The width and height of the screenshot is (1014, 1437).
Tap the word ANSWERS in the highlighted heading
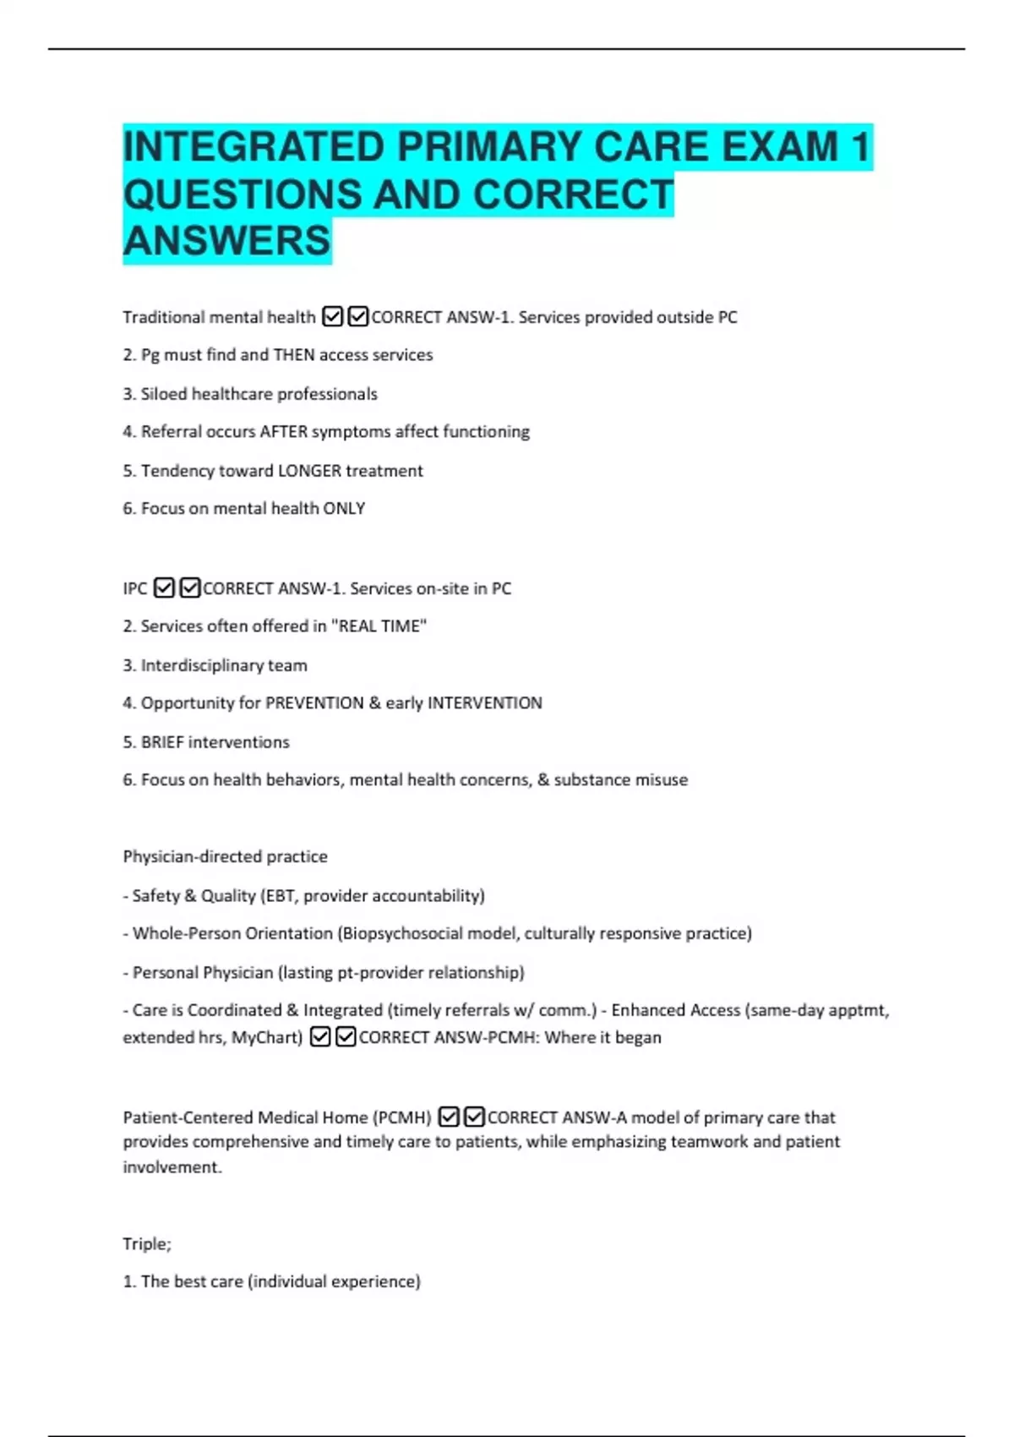[x=226, y=240]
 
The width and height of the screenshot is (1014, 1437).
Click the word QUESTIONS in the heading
[x=242, y=194]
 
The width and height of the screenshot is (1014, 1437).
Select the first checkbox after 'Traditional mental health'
[x=333, y=317]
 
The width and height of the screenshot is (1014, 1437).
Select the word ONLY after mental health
[x=344, y=509]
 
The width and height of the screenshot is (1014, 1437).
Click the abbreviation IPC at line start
[x=135, y=588]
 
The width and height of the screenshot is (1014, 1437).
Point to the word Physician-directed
[x=188, y=856]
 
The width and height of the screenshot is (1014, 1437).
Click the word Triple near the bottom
[x=146, y=1243]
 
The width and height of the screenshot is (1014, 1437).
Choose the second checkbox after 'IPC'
[x=190, y=587]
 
